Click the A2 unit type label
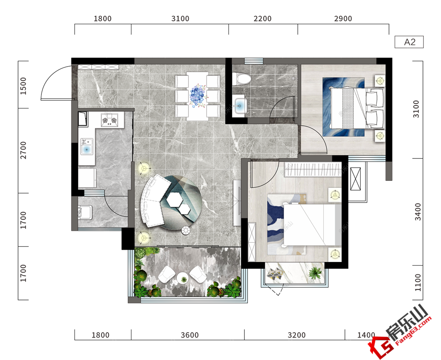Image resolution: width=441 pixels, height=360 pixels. point(410,42)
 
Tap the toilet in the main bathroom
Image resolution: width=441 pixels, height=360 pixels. point(241,79)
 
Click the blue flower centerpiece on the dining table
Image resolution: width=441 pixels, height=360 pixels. point(198,96)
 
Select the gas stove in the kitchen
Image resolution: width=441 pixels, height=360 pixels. point(110,120)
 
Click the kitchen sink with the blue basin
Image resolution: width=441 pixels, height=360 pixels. point(86,146)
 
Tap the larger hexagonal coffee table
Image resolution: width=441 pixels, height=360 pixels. point(175,200)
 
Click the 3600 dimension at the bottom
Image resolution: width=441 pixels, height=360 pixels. point(190,335)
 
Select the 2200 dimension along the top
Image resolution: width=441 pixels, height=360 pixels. point(262,19)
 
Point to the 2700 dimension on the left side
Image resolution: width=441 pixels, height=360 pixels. point(23,150)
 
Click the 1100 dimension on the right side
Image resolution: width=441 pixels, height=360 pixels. point(418,282)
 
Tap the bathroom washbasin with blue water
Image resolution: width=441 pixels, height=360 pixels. point(240,105)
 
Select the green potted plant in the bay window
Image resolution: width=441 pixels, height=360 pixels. point(315,273)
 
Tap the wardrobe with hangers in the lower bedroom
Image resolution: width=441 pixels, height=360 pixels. point(313,170)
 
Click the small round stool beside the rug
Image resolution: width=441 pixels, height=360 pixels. point(186,230)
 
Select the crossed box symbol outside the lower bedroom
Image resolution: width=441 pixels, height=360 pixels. point(355,179)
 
